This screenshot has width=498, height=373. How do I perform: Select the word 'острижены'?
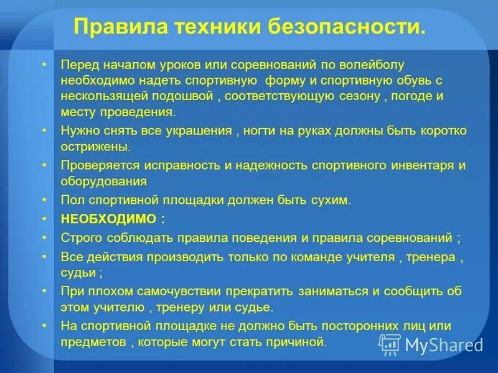(x=95, y=147)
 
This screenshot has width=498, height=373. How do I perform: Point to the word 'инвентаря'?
(x=423, y=166)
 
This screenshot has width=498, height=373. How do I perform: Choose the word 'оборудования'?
(x=104, y=182)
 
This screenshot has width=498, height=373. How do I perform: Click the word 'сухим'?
(x=334, y=200)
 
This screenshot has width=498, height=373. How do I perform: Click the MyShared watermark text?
(x=444, y=344)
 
